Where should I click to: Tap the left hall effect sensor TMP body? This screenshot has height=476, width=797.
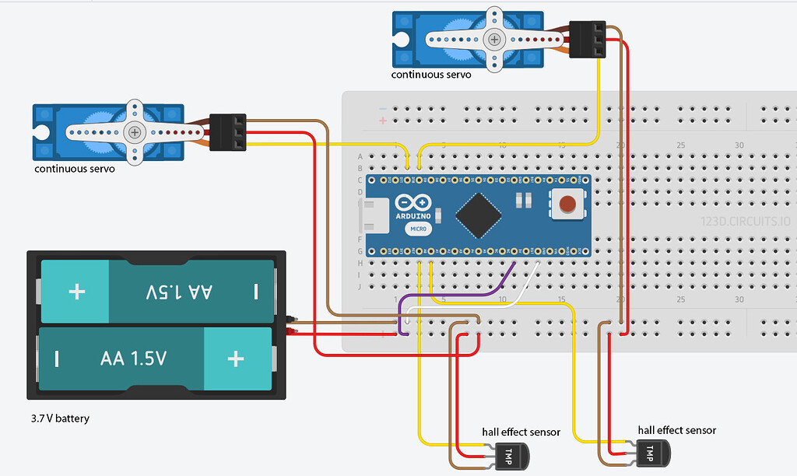(511, 453)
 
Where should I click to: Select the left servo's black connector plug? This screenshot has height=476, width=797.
(228, 132)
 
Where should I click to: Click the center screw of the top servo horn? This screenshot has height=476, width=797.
(493, 39)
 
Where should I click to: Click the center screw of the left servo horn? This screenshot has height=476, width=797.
(135, 132)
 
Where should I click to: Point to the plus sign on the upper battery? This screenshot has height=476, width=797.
(76, 292)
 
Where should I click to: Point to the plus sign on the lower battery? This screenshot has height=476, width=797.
(235, 359)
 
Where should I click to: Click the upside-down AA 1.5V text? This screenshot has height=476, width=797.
(179, 292)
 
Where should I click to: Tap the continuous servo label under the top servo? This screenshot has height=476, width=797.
(431, 75)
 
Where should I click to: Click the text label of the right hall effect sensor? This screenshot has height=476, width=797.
(676, 430)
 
